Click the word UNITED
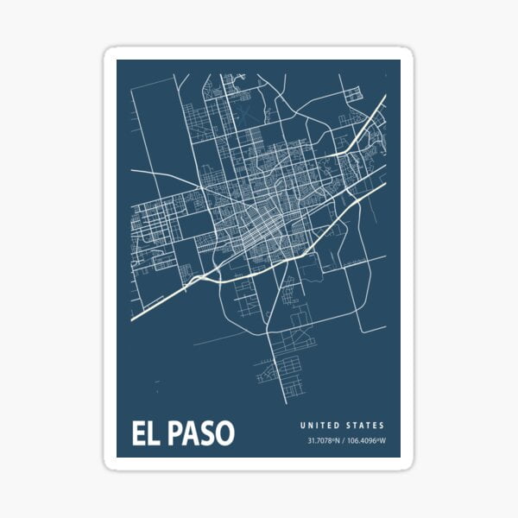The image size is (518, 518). point(320,426)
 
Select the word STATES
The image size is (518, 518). point(365,426)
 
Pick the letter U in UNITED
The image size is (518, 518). point(303,426)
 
